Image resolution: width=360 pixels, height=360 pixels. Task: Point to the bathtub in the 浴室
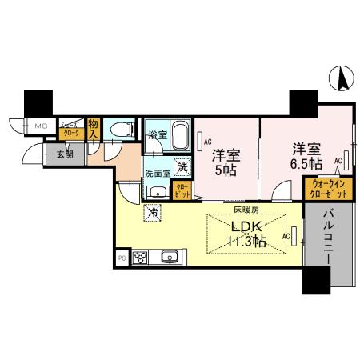(178, 132)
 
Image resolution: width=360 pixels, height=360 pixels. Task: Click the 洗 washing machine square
(182, 167)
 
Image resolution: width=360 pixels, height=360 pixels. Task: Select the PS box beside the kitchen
(122, 258)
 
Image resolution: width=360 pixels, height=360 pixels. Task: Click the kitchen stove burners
(141, 258)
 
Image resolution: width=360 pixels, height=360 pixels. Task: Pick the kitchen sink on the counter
(169, 258)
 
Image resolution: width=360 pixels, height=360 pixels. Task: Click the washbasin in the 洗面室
(155, 191)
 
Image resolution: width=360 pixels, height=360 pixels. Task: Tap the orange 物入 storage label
(94, 128)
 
